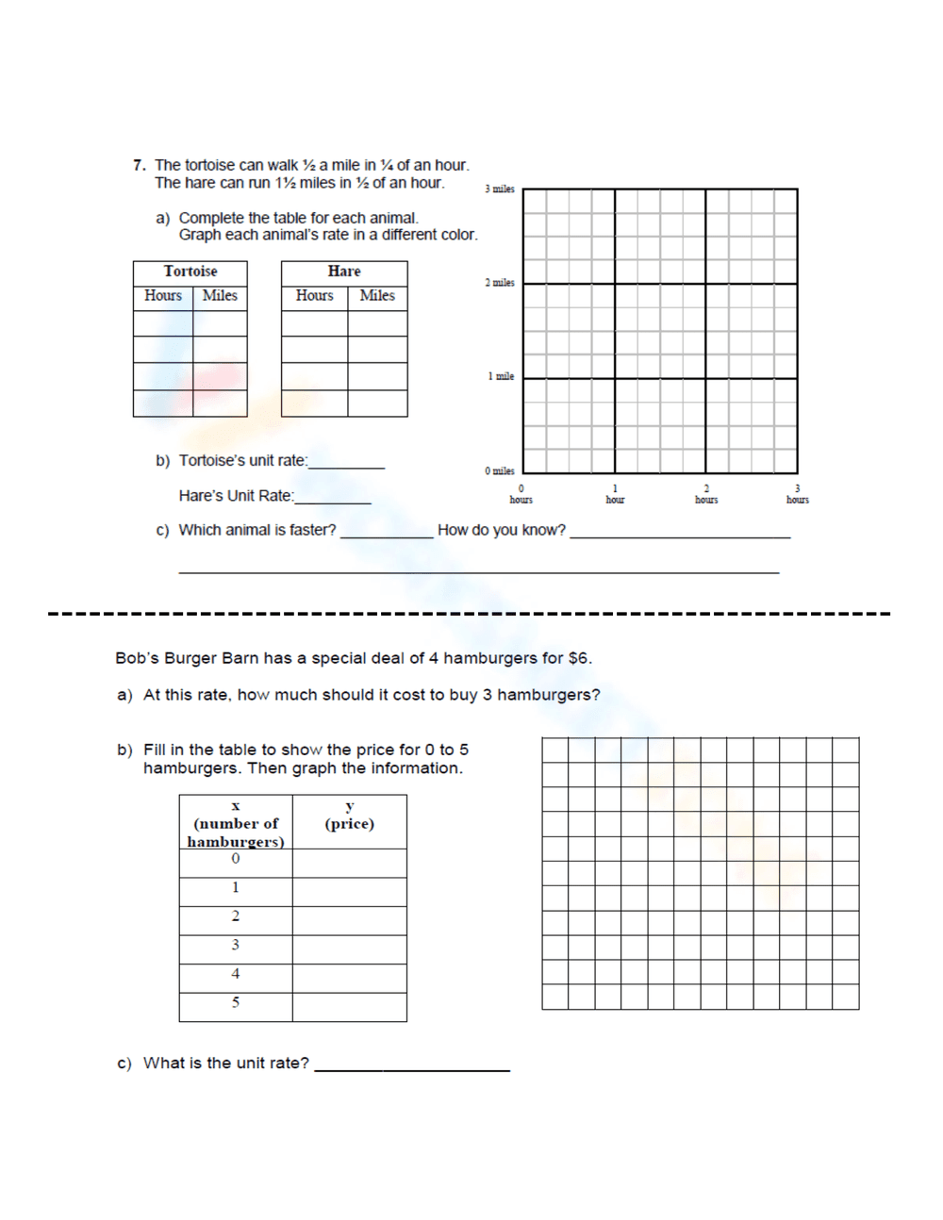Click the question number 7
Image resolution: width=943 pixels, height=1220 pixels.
coord(139,165)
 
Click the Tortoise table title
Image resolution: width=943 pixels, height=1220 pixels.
coord(190,272)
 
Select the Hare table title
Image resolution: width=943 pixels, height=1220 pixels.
coord(344,272)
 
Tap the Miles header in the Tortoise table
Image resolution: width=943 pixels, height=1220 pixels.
coord(220,296)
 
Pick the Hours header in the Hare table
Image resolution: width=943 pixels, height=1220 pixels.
coord(314,296)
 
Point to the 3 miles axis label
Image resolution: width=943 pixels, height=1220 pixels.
coord(500,190)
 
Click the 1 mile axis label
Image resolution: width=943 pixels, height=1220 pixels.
coord(501,377)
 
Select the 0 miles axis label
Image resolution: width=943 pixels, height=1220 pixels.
coord(500,471)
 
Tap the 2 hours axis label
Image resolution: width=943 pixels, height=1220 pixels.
coord(706,495)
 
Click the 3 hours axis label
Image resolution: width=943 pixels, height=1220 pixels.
coord(798,495)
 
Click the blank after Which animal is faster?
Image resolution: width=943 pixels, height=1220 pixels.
coord(386,534)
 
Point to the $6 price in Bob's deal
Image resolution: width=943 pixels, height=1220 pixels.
coord(578,658)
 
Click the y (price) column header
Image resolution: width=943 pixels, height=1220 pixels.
coord(349,816)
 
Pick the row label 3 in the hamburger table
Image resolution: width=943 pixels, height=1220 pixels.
coord(236,945)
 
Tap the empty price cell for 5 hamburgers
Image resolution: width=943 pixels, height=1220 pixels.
coord(349,1007)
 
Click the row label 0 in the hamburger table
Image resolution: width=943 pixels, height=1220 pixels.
coord(236,859)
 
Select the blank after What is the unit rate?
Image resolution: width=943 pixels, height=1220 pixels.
coord(412,1066)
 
